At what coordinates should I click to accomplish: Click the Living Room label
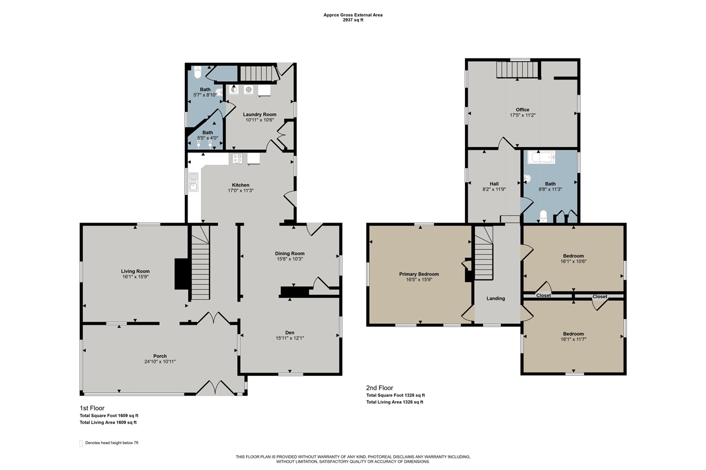tap(135, 271)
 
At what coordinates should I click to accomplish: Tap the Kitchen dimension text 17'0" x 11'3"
tap(241, 191)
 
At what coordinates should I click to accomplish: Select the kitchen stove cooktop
tap(237, 158)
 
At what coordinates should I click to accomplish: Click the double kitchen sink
tap(194, 182)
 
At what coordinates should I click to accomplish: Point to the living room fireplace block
tap(181, 274)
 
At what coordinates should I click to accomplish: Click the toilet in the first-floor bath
tap(197, 72)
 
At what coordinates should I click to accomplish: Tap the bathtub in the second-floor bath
tap(541, 158)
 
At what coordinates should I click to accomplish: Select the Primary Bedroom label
tap(419, 274)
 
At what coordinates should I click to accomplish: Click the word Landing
tap(496, 299)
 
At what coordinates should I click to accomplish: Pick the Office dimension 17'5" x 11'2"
tap(522, 115)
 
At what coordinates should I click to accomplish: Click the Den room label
tap(290, 332)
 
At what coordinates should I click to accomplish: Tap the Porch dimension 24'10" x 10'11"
tap(160, 361)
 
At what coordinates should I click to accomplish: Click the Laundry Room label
tap(260, 114)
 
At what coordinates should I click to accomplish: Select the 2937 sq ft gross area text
tap(353, 20)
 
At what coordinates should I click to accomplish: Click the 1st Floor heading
tap(92, 408)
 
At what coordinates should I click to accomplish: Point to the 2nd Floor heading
tap(379, 388)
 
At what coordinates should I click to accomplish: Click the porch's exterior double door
tap(216, 387)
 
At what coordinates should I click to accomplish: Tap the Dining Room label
tap(290, 253)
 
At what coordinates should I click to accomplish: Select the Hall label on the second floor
tap(494, 184)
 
